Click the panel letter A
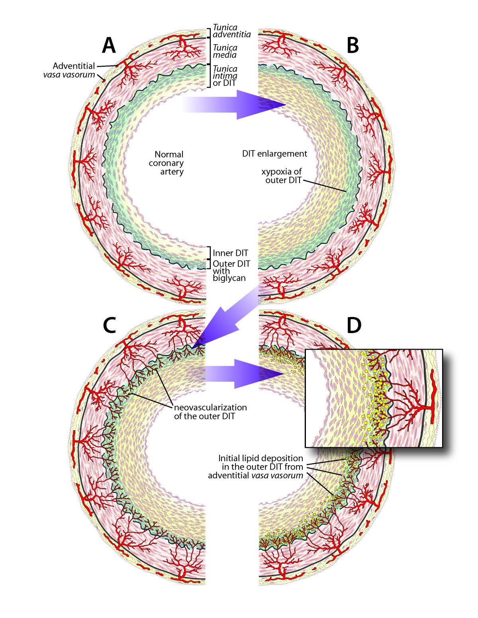tap(109, 45)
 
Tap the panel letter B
tap(353, 45)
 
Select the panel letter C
tap(109, 326)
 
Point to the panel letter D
tap(354, 326)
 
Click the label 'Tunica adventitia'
tap(231, 31)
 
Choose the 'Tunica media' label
tap(225, 51)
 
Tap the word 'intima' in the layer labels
tap(225, 76)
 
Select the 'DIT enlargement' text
tap(274, 154)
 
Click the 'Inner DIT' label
tap(230, 253)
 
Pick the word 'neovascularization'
tap(210, 407)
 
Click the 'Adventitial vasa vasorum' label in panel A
tap(73, 70)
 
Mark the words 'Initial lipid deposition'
tap(261, 458)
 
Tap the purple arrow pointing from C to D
tap(243, 374)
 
